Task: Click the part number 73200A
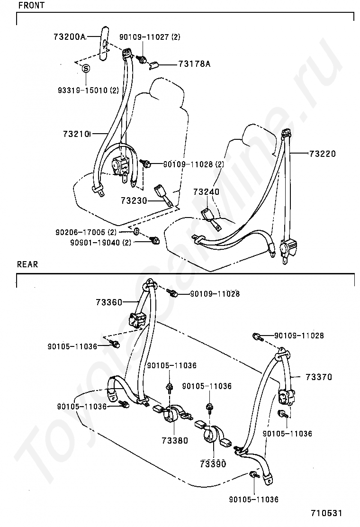click(x=70, y=36)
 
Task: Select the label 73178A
click(x=194, y=64)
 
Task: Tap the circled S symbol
click(x=86, y=69)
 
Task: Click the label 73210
click(x=77, y=134)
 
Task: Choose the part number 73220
click(x=323, y=154)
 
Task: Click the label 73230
click(x=134, y=200)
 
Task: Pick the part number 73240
click(x=206, y=191)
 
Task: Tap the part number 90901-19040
click(x=95, y=242)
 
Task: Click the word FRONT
click(x=31, y=5)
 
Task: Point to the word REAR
click(x=27, y=264)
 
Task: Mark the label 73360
click(x=109, y=302)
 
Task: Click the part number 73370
click(x=319, y=377)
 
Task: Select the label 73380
click(x=175, y=440)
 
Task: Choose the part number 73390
click(x=213, y=464)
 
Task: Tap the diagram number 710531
click(x=326, y=513)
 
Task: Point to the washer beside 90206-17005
click(x=136, y=232)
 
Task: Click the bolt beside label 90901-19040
click(x=155, y=240)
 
